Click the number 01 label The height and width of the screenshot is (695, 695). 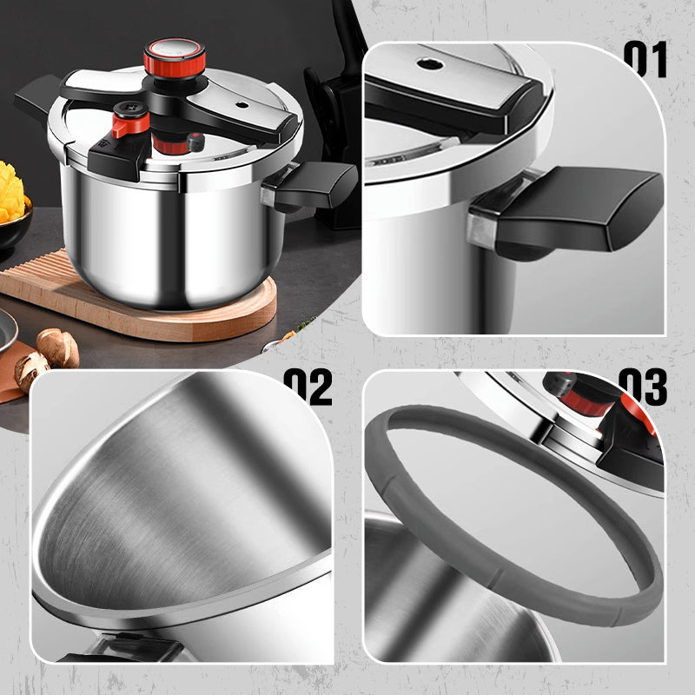pos(645,59)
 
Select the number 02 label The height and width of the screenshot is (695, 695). pos(308,387)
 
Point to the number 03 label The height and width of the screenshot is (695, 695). pos(643,387)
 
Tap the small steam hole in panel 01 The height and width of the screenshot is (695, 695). pos(429,64)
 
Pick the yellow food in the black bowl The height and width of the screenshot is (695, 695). pos(11,193)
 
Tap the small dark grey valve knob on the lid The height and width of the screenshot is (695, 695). pos(195,142)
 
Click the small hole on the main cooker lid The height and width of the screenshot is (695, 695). pos(242,105)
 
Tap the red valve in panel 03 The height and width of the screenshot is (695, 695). pos(587,401)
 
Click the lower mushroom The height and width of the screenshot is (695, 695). pos(31,371)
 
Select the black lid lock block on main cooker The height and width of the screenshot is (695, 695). pos(120,157)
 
